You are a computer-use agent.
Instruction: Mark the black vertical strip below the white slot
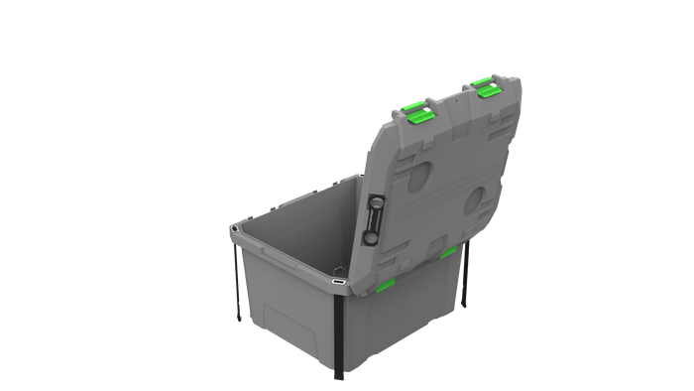339,332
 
